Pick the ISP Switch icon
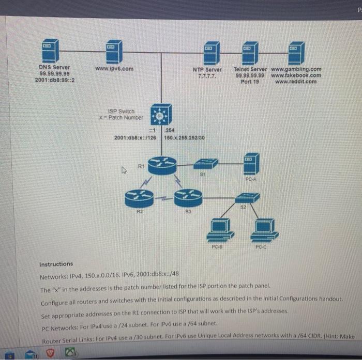click(160, 115)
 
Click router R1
click(162, 165)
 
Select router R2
click(139, 197)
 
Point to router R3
click(187, 197)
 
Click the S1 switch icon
click(205, 164)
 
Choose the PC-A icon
click(252, 164)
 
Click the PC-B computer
click(218, 230)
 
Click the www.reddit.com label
click(296, 81)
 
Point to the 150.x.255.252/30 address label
click(185, 138)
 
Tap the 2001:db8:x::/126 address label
click(135, 138)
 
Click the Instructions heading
click(56, 264)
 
